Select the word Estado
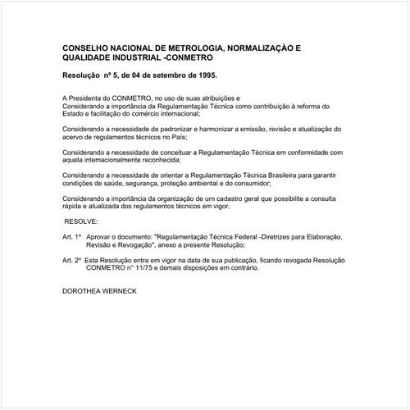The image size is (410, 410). tap(74, 114)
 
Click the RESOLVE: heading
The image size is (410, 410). tap(81, 221)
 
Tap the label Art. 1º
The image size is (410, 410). tap(71, 236)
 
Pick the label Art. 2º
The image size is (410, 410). tap(71, 259)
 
